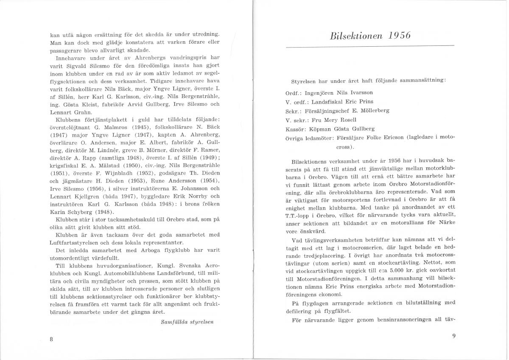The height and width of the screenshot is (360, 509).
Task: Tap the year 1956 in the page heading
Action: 399,36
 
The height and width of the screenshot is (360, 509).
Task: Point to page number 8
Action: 51,338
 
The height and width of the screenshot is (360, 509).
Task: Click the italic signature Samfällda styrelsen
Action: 187,321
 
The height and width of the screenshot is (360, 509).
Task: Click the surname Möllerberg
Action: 374,110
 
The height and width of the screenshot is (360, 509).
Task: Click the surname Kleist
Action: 92,104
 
